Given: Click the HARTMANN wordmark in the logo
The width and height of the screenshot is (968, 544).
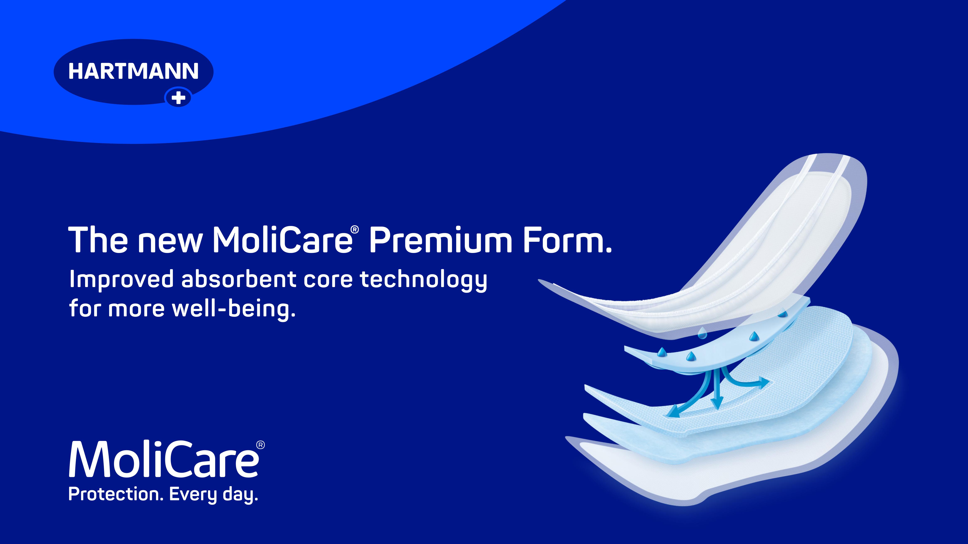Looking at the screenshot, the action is [133, 71].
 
